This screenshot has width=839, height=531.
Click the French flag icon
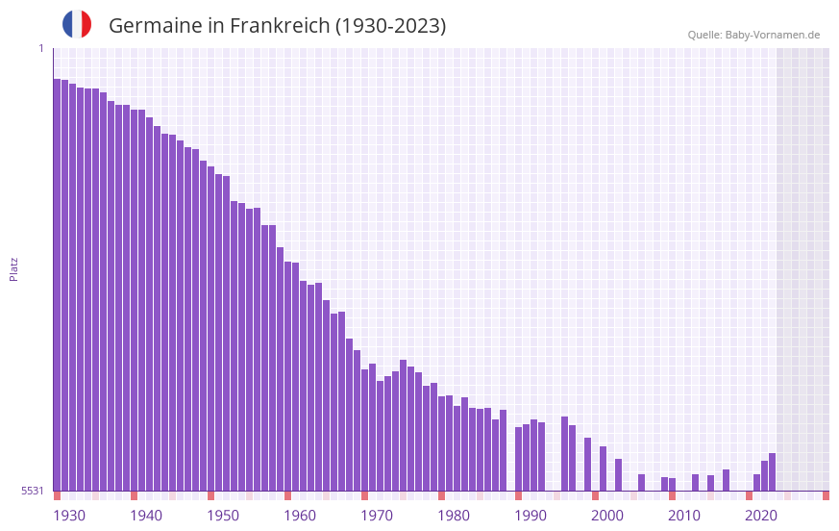click(77, 24)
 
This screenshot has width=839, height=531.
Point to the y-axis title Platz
click(13, 268)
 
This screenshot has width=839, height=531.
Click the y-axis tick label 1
click(40, 48)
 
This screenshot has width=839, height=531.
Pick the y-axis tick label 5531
click(33, 491)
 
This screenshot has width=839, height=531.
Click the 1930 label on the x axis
click(69, 516)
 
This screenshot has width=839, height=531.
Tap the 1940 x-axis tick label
click(146, 516)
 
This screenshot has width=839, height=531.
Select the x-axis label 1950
click(223, 516)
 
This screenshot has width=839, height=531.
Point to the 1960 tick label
click(300, 516)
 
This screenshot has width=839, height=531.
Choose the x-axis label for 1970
click(377, 516)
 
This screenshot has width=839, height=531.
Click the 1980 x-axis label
click(454, 516)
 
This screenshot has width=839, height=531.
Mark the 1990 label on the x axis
click(531, 516)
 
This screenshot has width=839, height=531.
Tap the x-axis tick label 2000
click(607, 516)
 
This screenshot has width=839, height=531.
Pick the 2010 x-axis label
click(684, 516)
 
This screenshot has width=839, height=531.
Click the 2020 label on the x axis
click(761, 516)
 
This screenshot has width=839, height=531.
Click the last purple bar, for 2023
click(772, 472)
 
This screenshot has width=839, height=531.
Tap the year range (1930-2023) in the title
click(390, 26)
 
